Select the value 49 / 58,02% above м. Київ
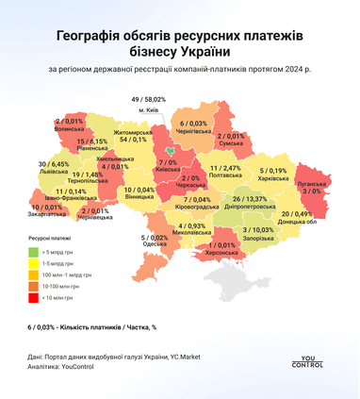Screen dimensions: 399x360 pos(148,99)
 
